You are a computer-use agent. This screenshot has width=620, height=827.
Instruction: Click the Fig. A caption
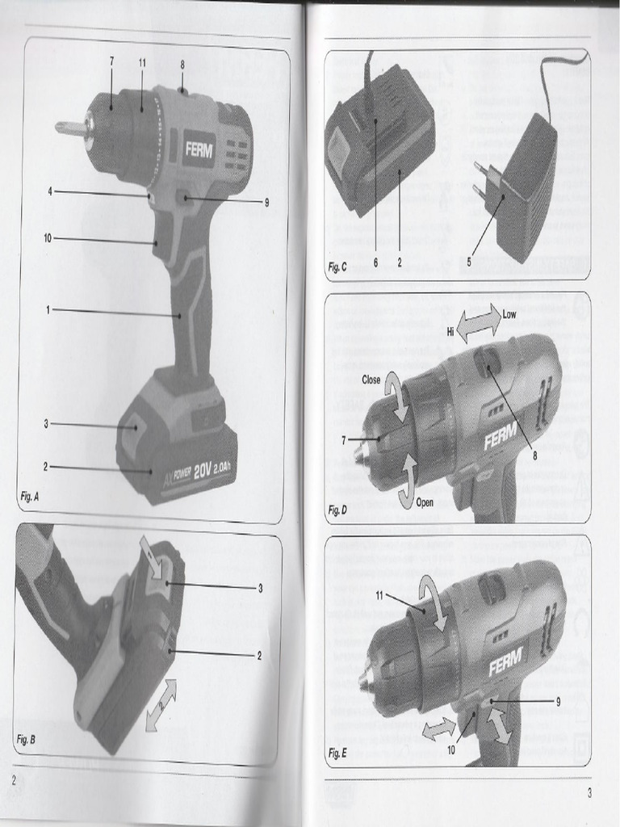[31, 497]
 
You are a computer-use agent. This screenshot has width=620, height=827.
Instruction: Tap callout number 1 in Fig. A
[48, 309]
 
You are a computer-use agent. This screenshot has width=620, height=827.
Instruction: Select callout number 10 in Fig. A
[48, 237]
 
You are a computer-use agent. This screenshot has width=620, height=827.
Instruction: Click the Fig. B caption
[27, 739]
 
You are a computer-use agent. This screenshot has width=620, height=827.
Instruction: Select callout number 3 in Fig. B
[260, 588]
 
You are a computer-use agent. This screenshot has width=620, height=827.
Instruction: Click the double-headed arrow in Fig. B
[161, 705]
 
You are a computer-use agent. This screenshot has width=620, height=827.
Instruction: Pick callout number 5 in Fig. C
[469, 261]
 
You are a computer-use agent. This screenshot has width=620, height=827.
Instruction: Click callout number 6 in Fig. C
[376, 262]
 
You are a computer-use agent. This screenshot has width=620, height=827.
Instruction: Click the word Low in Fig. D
[509, 315]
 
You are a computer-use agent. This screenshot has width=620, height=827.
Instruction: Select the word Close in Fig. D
[371, 379]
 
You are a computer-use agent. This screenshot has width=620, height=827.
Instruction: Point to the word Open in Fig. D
[425, 502]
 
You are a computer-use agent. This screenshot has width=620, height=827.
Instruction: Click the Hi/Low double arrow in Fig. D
[479, 324]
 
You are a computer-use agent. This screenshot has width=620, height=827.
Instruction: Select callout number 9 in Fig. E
[558, 701]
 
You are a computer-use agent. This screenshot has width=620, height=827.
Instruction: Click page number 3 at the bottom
[589, 793]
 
